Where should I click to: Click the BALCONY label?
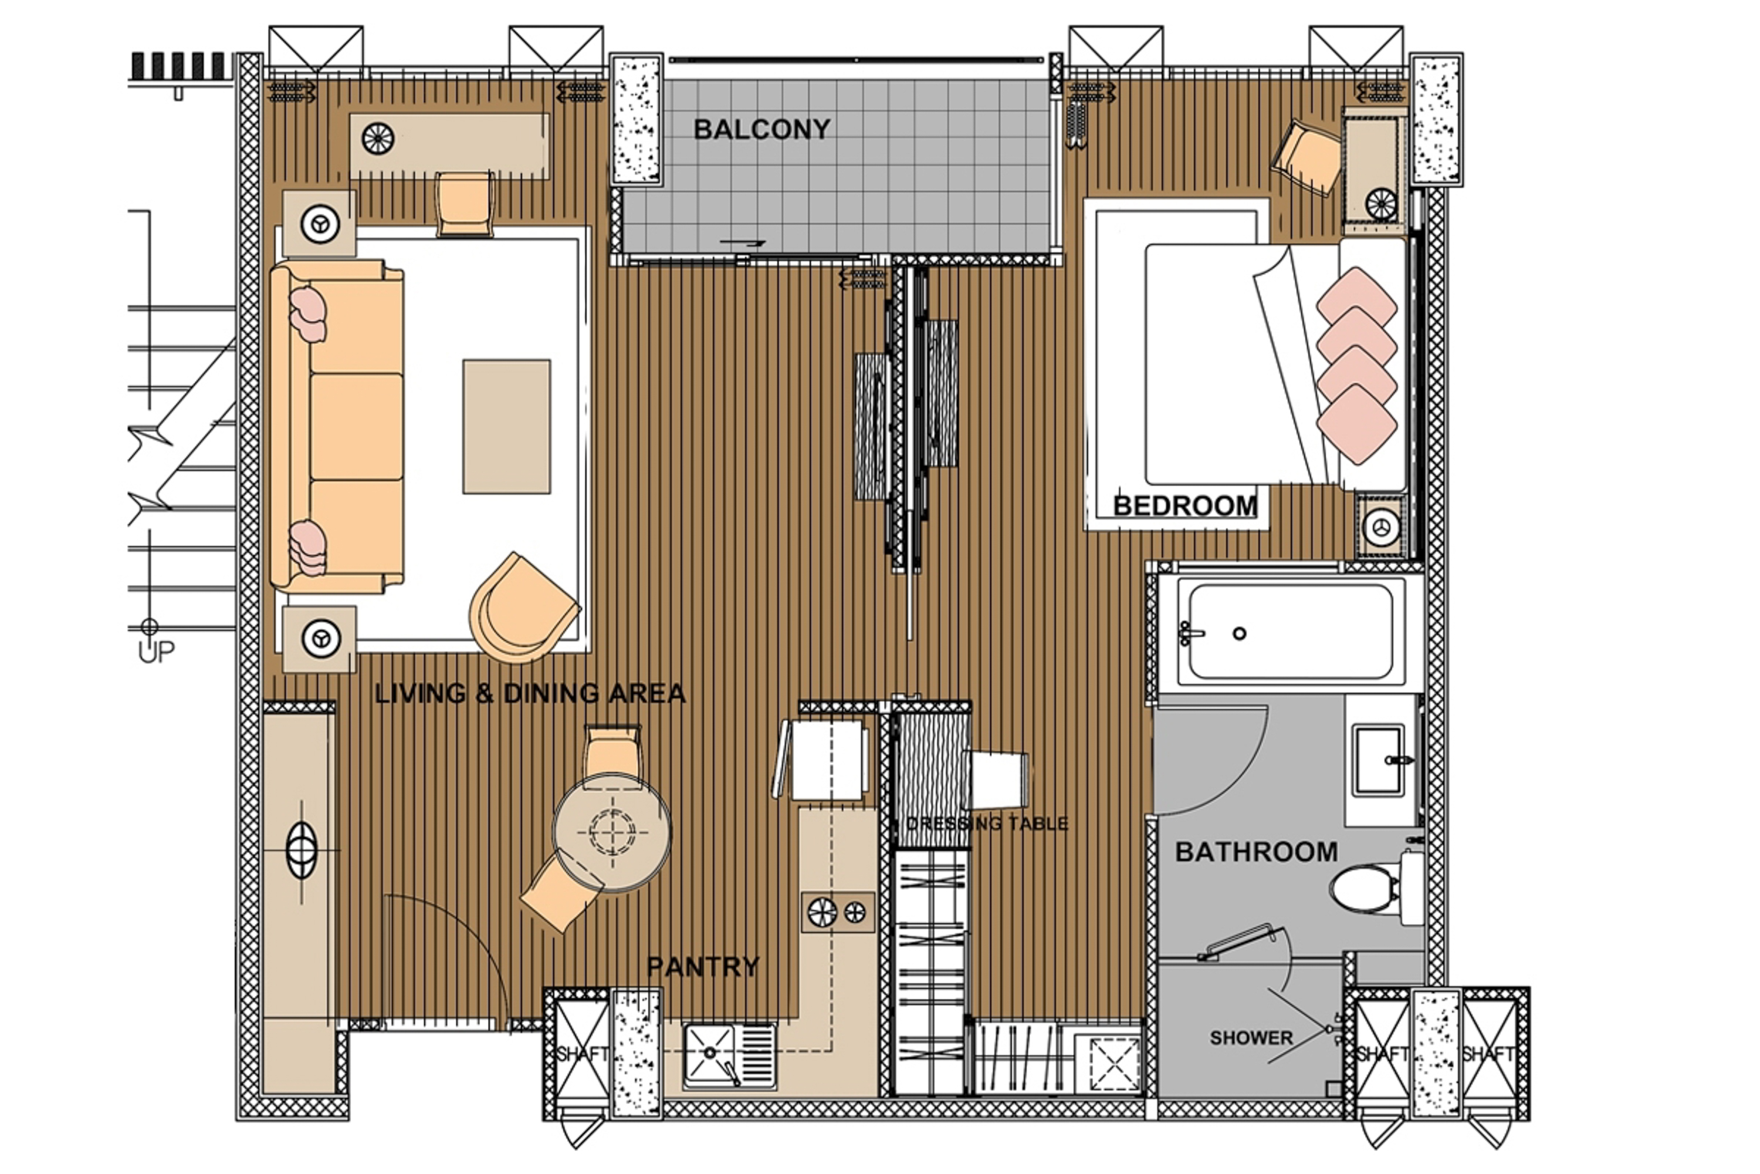761,130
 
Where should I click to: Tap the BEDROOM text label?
1184,506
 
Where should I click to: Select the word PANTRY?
703,967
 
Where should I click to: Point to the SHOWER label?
1251,1038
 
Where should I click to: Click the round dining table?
612,831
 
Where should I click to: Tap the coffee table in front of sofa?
507,426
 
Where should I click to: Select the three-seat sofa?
340,426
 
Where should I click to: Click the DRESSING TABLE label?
986,824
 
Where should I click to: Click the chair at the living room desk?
465,204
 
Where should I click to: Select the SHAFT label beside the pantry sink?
581,1054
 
